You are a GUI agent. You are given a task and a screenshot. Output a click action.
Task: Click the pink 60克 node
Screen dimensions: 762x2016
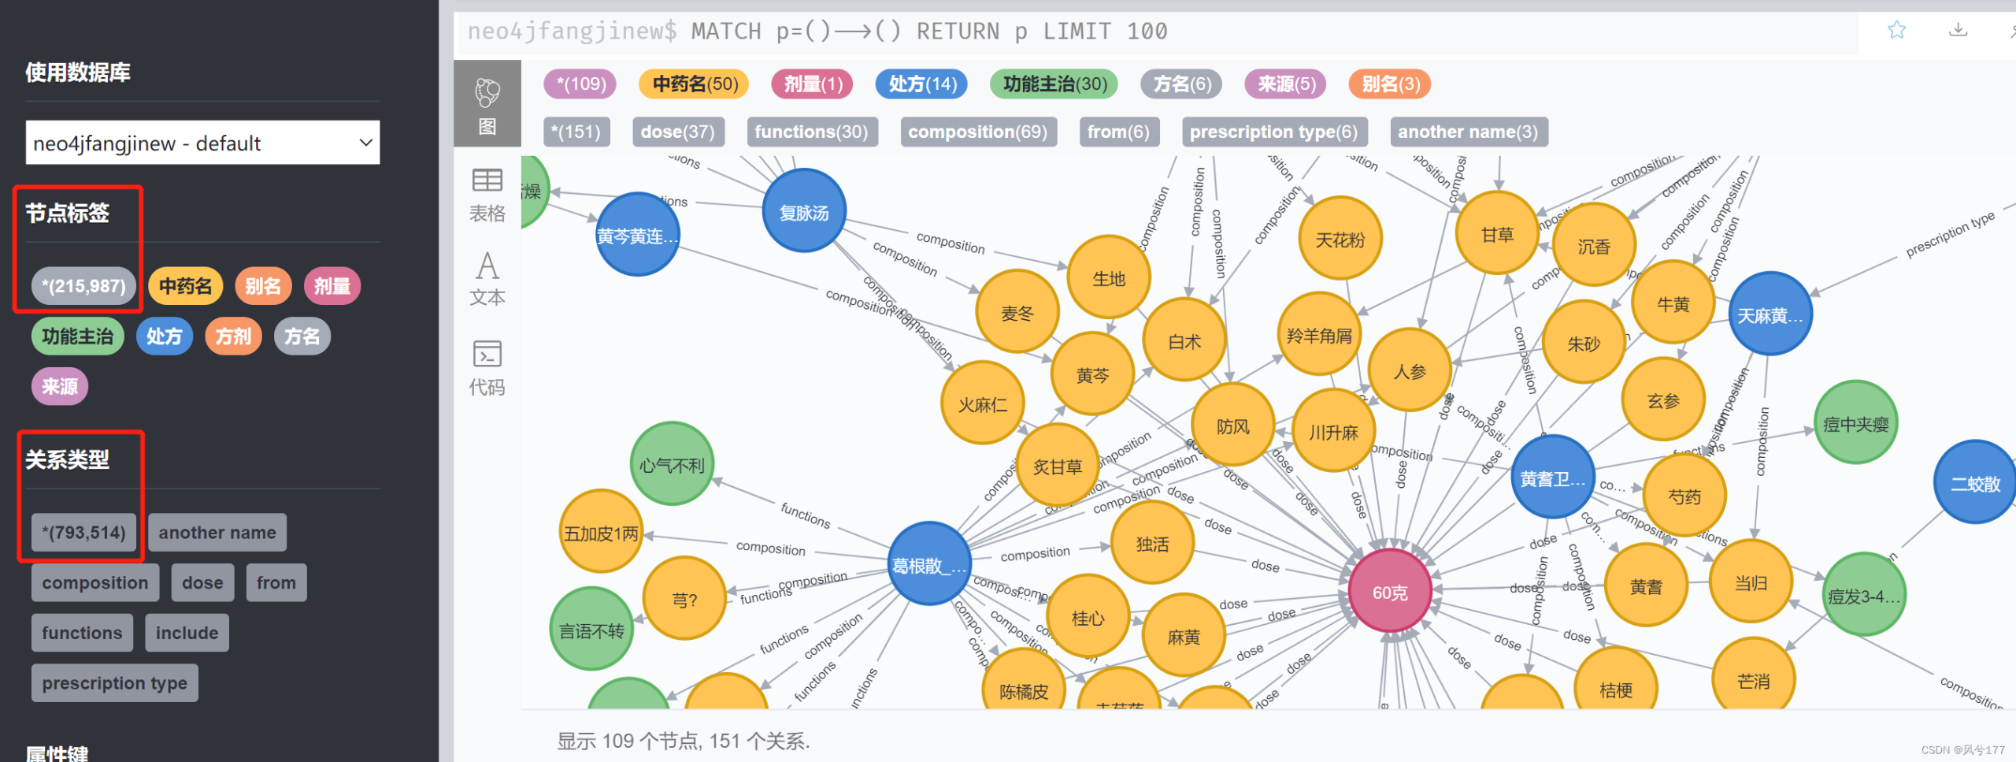(1390, 592)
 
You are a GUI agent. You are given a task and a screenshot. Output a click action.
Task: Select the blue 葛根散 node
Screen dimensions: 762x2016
(928, 564)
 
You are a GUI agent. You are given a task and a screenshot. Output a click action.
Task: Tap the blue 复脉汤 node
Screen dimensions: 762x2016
(804, 211)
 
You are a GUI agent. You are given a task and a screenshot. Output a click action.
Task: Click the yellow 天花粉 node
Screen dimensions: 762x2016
(1340, 239)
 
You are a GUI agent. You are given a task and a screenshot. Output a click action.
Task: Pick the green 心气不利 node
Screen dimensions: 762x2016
(672, 465)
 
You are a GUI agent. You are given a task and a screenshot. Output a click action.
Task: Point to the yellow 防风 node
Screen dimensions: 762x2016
(1232, 426)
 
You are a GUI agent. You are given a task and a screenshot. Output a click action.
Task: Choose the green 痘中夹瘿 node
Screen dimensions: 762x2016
(1855, 424)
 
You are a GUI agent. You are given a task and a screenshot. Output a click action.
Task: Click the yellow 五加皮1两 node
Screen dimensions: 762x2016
(601, 533)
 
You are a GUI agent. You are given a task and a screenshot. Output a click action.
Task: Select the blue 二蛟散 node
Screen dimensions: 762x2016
(1973, 483)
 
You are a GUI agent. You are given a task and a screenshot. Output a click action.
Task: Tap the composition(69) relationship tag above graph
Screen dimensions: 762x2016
(977, 132)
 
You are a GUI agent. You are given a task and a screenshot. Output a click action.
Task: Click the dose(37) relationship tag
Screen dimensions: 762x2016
(677, 132)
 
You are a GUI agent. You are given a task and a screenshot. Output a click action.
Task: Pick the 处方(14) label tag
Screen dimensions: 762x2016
(922, 84)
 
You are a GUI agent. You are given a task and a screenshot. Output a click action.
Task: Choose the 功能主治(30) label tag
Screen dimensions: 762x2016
(1055, 84)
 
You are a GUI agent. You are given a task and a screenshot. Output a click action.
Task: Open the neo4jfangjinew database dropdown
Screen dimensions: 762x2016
(202, 143)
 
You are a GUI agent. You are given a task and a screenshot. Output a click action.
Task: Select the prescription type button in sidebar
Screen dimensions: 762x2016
(114, 682)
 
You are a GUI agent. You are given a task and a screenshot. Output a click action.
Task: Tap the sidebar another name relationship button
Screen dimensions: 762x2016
(217, 533)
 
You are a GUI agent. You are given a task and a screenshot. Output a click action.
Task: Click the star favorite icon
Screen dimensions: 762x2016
(1896, 30)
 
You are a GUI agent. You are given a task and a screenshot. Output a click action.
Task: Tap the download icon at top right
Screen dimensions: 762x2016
(1958, 30)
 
